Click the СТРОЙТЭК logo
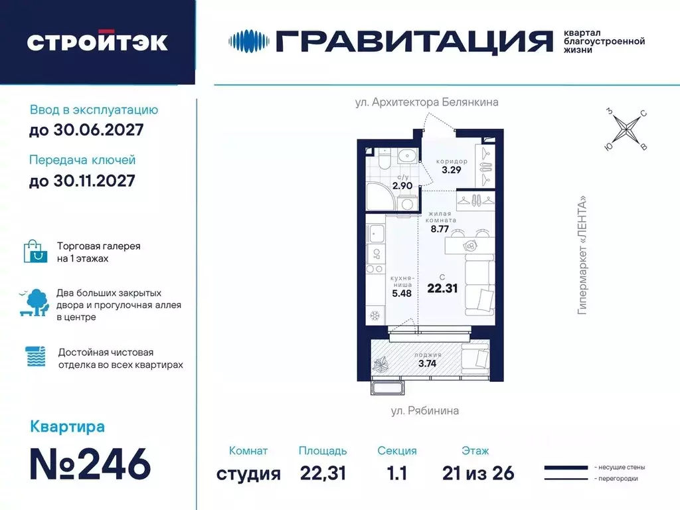pos(97,42)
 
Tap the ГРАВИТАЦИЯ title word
pos(414,41)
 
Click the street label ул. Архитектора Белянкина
pos(426,102)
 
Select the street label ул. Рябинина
pos(424,410)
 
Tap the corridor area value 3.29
pos(451,169)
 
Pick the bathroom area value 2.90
pos(403,185)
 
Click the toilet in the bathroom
pos(382,163)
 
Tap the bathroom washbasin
pos(406,157)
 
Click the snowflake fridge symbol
pos(375,314)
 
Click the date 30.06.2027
pos(86,130)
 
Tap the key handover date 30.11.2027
pos(82,180)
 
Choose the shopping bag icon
pos(36,251)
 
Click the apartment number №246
pos(90,464)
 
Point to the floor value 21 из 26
pos(478,473)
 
